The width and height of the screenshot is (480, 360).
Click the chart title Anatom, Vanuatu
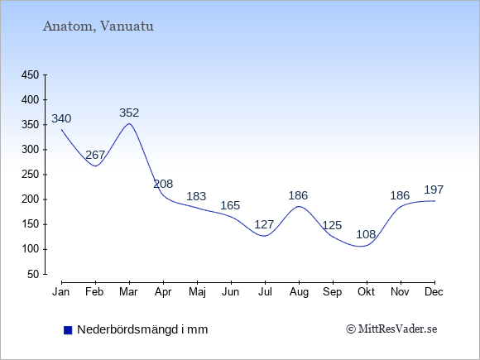point(98,26)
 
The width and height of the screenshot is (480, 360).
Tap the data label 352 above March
point(129,113)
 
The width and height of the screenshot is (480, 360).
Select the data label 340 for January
point(61,118)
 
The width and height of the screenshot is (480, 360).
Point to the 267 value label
point(95,156)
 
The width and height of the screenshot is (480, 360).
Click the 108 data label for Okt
point(366,234)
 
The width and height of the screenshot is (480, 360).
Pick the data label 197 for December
point(434,190)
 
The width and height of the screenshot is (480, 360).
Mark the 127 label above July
point(264,225)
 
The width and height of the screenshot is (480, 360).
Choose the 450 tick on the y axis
point(30,75)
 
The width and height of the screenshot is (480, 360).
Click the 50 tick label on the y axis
point(33,274)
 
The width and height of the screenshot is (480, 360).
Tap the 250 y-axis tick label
point(30,175)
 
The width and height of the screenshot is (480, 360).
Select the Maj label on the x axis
point(197,292)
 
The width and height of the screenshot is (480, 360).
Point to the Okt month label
point(366,292)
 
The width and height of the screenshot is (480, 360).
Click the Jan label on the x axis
point(61,292)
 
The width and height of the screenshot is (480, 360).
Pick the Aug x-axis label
point(299,292)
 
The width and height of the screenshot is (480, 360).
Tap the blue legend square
point(68,330)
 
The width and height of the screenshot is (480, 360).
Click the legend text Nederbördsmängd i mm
point(142,329)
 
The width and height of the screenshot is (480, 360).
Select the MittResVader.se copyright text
point(391,329)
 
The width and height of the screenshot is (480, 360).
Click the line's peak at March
point(129,123)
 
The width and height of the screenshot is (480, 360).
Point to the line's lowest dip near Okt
point(361,246)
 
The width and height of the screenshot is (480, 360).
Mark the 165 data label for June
point(230,205)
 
